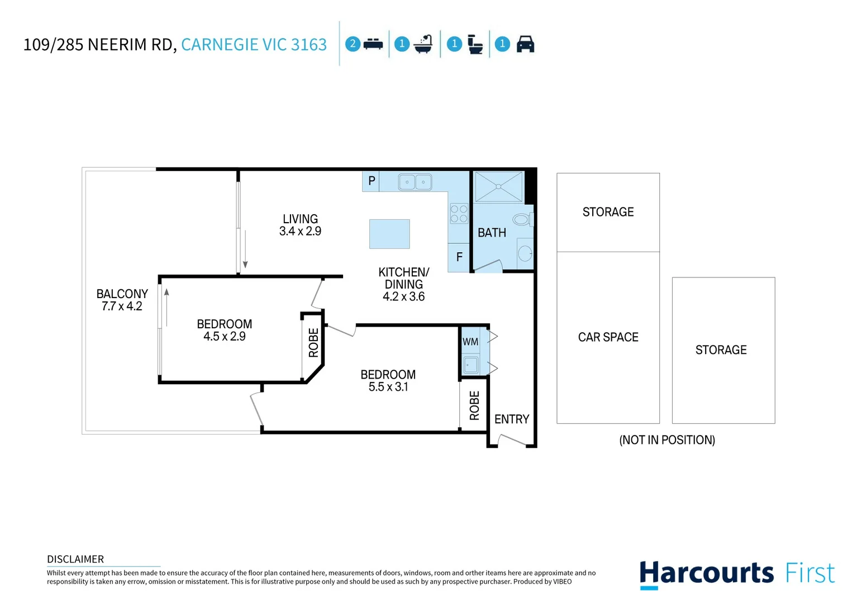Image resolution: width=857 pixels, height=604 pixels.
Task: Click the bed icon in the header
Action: pyautogui.click(x=373, y=44)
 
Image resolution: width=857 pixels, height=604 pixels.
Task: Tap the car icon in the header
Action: pyautogui.click(x=525, y=44)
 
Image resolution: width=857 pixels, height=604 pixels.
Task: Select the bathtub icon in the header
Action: pyautogui.click(x=423, y=44)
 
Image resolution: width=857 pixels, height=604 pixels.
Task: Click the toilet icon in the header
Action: pyautogui.click(x=475, y=44)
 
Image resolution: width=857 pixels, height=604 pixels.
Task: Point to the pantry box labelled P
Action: pyautogui.click(x=371, y=181)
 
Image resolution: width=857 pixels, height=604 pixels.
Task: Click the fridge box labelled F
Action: pyautogui.click(x=459, y=257)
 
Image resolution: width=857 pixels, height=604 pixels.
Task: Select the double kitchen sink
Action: pyautogui.click(x=415, y=182)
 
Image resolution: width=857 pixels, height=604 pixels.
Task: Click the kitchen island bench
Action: pyautogui.click(x=389, y=234)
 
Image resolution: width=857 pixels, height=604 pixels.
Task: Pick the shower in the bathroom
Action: pyautogui.click(x=498, y=187)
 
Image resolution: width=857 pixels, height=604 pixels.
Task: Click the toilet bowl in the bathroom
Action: pyautogui.click(x=522, y=219)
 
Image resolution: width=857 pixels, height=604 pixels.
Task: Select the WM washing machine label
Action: pyautogui.click(x=470, y=342)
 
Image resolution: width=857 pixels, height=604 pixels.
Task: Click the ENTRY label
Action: pyautogui.click(x=512, y=419)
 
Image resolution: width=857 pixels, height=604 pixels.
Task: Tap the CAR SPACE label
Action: pyautogui.click(x=608, y=337)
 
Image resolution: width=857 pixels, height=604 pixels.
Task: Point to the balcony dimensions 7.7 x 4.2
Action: pyautogui.click(x=122, y=306)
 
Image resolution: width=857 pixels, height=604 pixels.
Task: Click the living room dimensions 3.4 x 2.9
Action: pyautogui.click(x=300, y=232)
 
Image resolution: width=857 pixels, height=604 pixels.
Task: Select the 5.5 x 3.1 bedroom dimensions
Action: pyautogui.click(x=388, y=387)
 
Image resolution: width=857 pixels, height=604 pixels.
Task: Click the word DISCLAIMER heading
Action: pyautogui.click(x=75, y=559)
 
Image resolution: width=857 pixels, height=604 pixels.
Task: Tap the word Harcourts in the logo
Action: pyautogui.click(x=707, y=574)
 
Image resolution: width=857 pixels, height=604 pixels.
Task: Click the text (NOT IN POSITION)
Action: pyautogui.click(x=667, y=440)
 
